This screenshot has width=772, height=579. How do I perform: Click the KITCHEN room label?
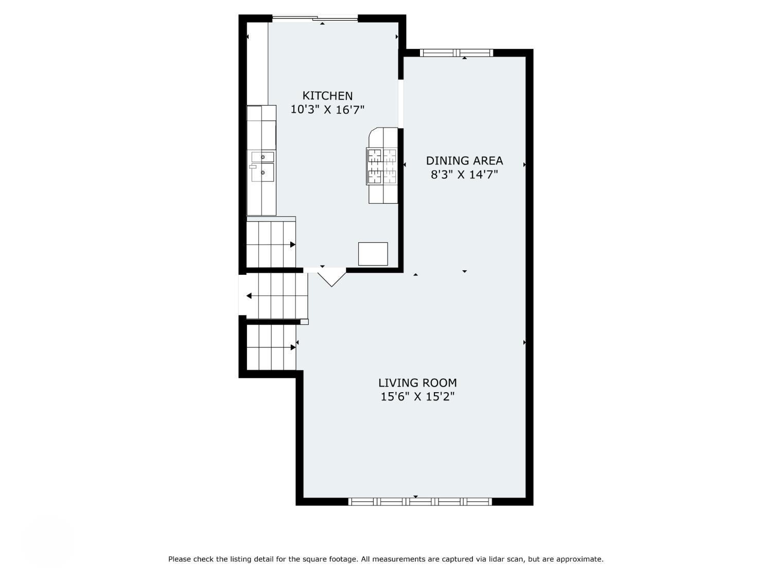[327, 96]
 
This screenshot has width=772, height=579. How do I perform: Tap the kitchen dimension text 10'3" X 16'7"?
[327, 110]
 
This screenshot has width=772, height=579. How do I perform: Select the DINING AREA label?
[464, 161]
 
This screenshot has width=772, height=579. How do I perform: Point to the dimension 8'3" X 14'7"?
[464, 174]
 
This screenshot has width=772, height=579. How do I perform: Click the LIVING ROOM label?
[417, 382]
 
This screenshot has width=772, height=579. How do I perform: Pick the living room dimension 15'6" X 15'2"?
[417, 396]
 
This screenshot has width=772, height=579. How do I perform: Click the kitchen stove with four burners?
[382, 166]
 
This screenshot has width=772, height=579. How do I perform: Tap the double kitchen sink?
[262, 167]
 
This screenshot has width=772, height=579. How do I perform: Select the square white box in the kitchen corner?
[373, 254]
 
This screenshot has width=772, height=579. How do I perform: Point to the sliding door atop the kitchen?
[315, 17]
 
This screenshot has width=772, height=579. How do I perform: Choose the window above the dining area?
[457, 52]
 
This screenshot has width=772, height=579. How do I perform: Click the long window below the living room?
[420, 502]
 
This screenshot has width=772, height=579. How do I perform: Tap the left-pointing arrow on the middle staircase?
[249, 296]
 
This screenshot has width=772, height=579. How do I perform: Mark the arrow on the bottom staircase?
[293, 347]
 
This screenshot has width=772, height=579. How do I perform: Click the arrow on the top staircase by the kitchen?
[293, 244]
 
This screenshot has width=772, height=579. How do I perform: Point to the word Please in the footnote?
[180, 558]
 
